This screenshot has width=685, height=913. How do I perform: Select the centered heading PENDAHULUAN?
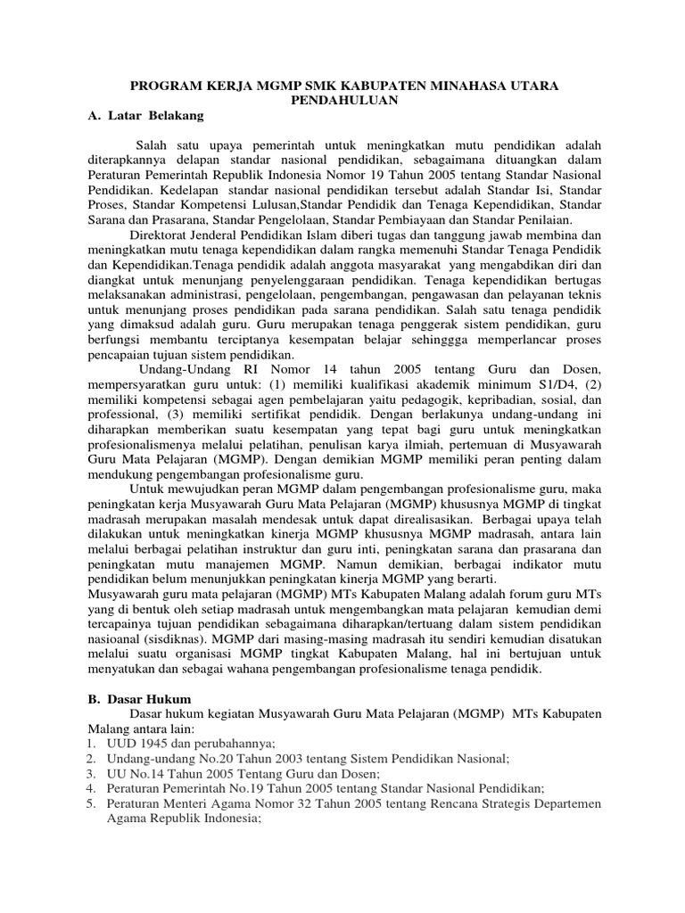point(342,101)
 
